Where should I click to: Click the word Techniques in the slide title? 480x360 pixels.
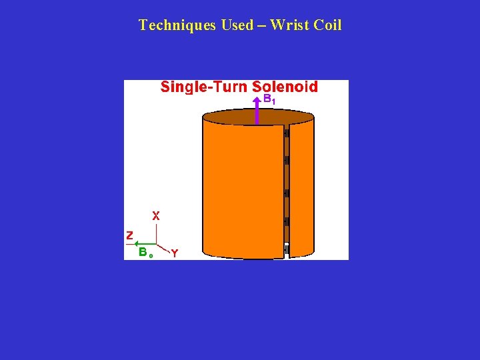pyautogui.click(x=169, y=25)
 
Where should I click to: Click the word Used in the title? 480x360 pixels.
pyautogui.click(x=235, y=25)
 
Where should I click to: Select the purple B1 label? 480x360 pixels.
pyautogui.click(x=269, y=99)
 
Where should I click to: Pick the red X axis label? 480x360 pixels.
pyautogui.click(x=156, y=216)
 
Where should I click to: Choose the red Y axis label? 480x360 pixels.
pyautogui.click(x=174, y=253)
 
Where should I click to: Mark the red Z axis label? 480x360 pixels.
pyautogui.click(x=129, y=235)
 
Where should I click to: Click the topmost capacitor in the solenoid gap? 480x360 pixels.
pyautogui.click(x=286, y=133)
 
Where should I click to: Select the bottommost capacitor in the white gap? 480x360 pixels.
pyautogui.click(x=286, y=250)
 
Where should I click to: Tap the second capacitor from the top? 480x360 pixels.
pyautogui.click(x=286, y=161)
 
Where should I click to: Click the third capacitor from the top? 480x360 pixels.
pyautogui.click(x=286, y=193)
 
